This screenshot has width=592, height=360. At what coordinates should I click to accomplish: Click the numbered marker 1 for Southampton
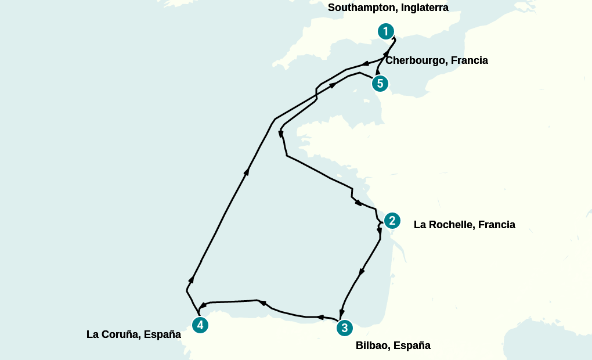click(385, 31)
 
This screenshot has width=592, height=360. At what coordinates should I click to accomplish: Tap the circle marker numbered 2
click(392, 221)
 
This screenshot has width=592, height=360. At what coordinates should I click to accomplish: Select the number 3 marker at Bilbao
click(344, 328)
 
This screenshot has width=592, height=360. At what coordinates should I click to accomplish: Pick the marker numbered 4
click(200, 325)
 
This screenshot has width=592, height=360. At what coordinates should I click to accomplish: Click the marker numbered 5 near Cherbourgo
click(380, 84)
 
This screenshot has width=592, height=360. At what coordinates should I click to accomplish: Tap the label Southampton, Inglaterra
click(388, 8)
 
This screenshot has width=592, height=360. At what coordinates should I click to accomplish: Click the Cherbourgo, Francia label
click(436, 60)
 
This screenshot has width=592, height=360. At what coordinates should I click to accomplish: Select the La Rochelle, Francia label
click(464, 225)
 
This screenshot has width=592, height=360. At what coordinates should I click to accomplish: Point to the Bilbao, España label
click(393, 346)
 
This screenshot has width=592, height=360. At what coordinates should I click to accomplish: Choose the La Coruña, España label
click(133, 334)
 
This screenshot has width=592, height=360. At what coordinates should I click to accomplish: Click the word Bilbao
click(371, 346)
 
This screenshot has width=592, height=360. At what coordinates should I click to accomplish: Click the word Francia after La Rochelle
click(496, 225)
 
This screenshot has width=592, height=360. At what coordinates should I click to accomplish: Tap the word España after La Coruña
click(163, 334)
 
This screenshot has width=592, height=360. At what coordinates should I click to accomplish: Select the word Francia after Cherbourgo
click(470, 60)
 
